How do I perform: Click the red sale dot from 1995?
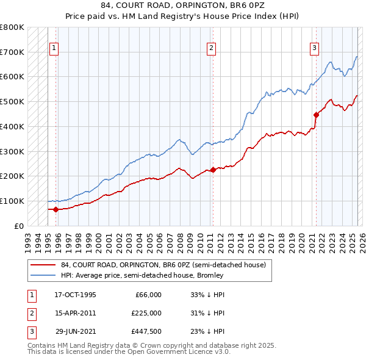coord(56,209)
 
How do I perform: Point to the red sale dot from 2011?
coord(213,170)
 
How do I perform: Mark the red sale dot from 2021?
coord(316,114)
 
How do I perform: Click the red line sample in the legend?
coord(43,265)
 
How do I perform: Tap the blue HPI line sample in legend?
coord(43,276)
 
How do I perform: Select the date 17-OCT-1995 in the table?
coord(76,295)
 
